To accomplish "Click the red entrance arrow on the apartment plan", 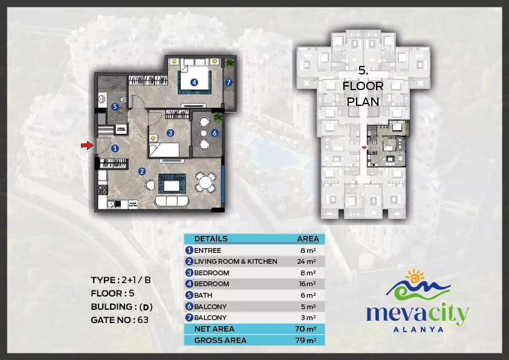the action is pos(86,145).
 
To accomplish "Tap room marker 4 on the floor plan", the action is pos(194,82).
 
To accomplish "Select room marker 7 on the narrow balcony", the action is pos(229,82).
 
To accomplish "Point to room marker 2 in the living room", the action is pos(142,171).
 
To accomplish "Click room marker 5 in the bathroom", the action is pos(115,106).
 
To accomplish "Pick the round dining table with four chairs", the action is pos(206,182).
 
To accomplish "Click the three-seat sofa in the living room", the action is pos(172,201).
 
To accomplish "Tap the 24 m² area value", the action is pos(306,261).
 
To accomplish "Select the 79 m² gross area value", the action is pos(306,340).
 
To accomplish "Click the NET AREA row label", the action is pos(214,329).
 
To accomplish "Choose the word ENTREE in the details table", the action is pos(207,250).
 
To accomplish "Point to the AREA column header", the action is pos(308,239).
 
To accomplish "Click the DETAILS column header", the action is pos(211,239).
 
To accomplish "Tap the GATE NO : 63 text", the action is pos(120,320).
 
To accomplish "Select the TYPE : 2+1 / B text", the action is pos(121,280).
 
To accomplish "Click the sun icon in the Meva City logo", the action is pos(415,276).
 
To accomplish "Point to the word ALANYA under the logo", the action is pos(418,330).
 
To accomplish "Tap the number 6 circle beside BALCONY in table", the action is pos(189,306).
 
